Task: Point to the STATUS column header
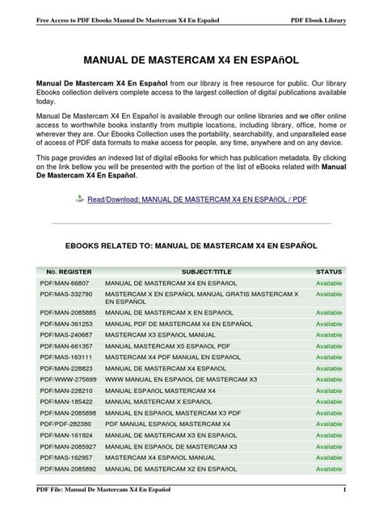[329, 272]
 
